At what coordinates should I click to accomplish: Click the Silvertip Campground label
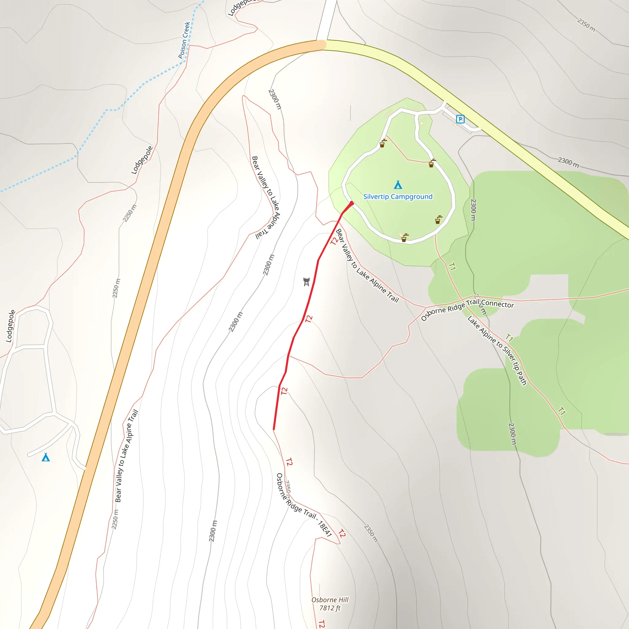pyautogui.click(x=398, y=197)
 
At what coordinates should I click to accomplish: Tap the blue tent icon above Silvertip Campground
pyautogui.click(x=398, y=185)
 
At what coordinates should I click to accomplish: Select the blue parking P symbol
pyautogui.click(x=460, y=119)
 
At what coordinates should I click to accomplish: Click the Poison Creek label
pyautogui.click(x=184, y=40)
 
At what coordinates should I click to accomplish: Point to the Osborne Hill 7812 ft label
pyautogui.click(x=330, y=604)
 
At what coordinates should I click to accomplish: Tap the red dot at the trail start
pyautogui.click(x=352, y=203)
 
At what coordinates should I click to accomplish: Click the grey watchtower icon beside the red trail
pyautogui.click(x=306, y=282)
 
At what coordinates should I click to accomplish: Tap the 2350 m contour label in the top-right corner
pyautogui.click(x=586, y=25)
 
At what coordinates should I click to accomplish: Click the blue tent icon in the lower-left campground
pyautogui.click(x=46, y=457)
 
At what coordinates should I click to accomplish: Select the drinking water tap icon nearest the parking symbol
pyautogui.click(x=432, y=163)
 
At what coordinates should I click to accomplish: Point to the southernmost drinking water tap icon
pyautogui.click(x=404, y=238)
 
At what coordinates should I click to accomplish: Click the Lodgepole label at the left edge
pyautogui.click(x=11, y=326)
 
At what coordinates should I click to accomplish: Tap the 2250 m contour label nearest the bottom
pyautogui.click(x=115, y=520)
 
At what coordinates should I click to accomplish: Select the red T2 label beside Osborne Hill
pyautogui.click(x=322, y=624)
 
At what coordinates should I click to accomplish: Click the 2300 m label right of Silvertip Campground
pyautogui.click(x=474, y=210)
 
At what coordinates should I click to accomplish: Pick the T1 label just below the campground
pyautogui.click(x=452, y=267)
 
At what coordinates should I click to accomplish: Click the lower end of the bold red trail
pyautogui.click(x=274, y=429)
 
